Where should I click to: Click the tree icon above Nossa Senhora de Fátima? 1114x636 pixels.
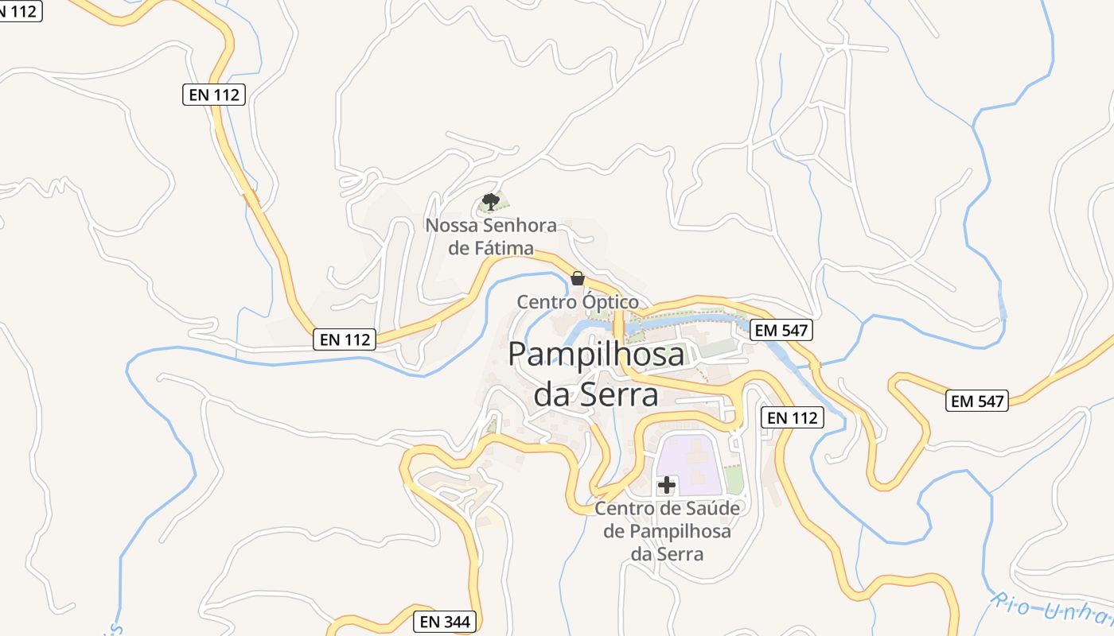[491, 201]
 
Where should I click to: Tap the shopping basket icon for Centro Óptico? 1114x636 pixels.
[578, 278]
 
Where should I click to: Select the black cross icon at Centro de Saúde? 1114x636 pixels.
[667, 485]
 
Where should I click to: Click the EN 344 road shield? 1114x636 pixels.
[446, 622]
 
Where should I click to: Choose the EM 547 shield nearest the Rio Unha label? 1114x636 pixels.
[978, 401]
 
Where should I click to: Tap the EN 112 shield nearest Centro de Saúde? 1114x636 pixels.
[792, 417]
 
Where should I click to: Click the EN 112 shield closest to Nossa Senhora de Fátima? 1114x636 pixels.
[345, 339]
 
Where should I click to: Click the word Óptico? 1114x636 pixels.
[610, 302]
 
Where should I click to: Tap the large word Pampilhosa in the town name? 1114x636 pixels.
[596, 354]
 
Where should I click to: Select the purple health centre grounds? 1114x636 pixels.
[689, 461]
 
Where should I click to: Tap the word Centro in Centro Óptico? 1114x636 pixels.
[547, 302]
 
